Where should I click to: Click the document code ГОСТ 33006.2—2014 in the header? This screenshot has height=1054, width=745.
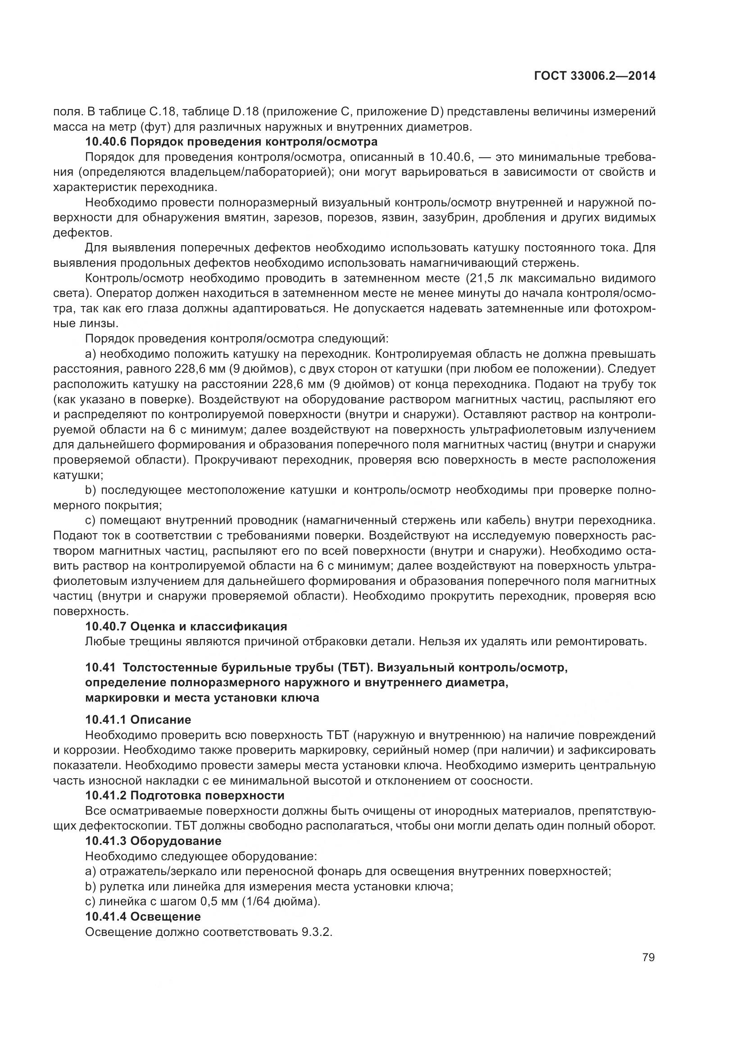coord(595,76)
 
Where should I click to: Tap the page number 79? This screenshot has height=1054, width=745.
coord(648,958)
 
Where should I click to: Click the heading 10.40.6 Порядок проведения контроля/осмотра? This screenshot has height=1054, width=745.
coord(231,141)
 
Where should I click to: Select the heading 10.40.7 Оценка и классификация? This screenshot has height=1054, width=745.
coord(186,626)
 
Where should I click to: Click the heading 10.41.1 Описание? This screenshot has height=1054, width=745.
coord(138,719)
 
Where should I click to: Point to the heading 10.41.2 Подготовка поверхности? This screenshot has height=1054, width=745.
coord(185,795)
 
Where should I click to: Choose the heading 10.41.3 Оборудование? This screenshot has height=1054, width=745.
coord(153,840)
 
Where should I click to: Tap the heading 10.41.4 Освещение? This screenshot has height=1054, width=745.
coord(143,916)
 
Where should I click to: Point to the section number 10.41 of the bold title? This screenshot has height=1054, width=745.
coord(100,667)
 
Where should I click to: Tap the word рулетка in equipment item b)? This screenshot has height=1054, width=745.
coord(120,886)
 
